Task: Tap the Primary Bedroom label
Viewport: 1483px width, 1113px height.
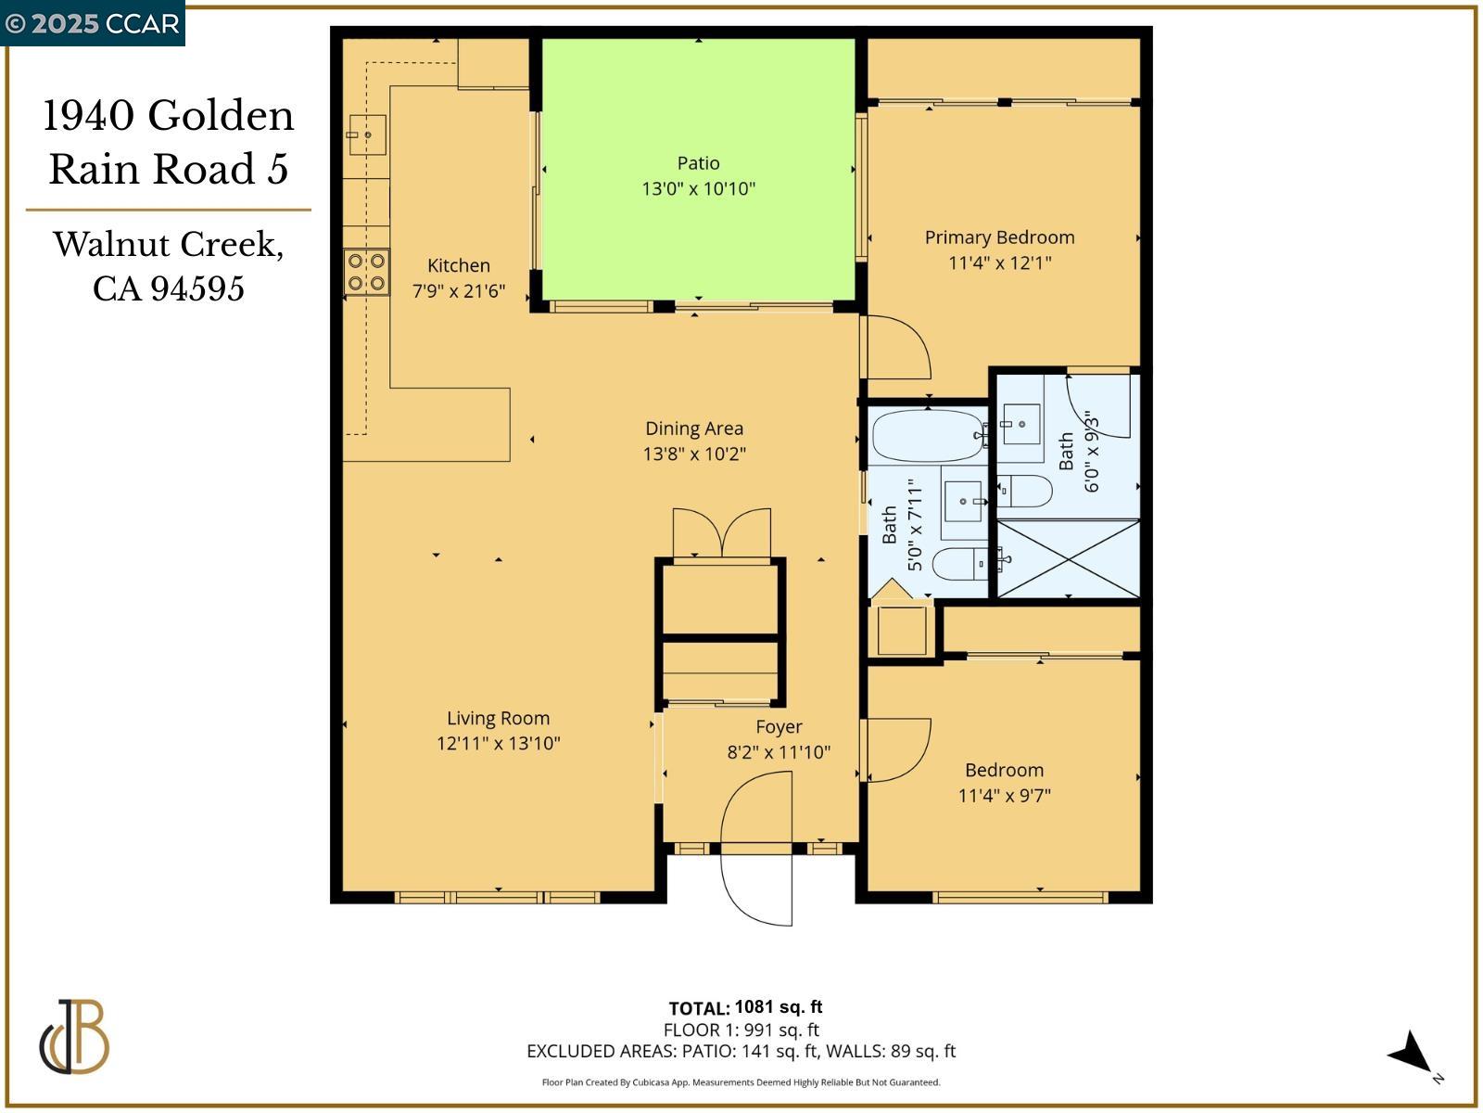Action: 999,237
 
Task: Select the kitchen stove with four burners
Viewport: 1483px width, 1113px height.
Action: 366,272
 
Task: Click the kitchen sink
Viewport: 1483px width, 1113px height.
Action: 366,135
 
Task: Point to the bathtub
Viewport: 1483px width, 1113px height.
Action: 928,436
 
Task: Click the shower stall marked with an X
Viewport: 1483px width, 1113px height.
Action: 1068,558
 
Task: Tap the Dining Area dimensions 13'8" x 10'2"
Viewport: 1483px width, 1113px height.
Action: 694,454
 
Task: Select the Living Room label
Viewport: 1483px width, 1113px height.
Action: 498,718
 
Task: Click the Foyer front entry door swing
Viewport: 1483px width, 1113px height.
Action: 757,849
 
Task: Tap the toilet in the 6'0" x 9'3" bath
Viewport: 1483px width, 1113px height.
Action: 1025,491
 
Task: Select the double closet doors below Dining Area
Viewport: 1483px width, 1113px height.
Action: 721,533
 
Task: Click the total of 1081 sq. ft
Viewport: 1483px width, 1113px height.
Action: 778,1007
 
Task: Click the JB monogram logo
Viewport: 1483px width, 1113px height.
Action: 74,1037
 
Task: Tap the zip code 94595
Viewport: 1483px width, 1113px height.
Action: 197,288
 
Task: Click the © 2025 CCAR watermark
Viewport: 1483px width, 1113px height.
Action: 92,23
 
